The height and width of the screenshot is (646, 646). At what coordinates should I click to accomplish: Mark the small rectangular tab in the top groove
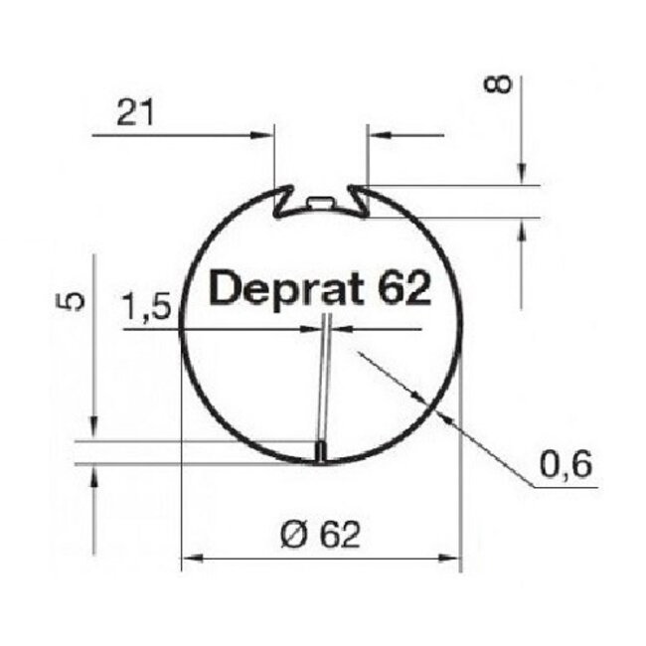pyautogui.click(x=320, y=202)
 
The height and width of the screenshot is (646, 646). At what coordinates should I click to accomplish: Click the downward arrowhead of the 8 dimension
pyautogui.click(x=520, y=175)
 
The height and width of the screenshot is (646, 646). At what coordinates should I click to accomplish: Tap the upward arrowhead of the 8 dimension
pyautogui.click(x=520, y=228)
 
